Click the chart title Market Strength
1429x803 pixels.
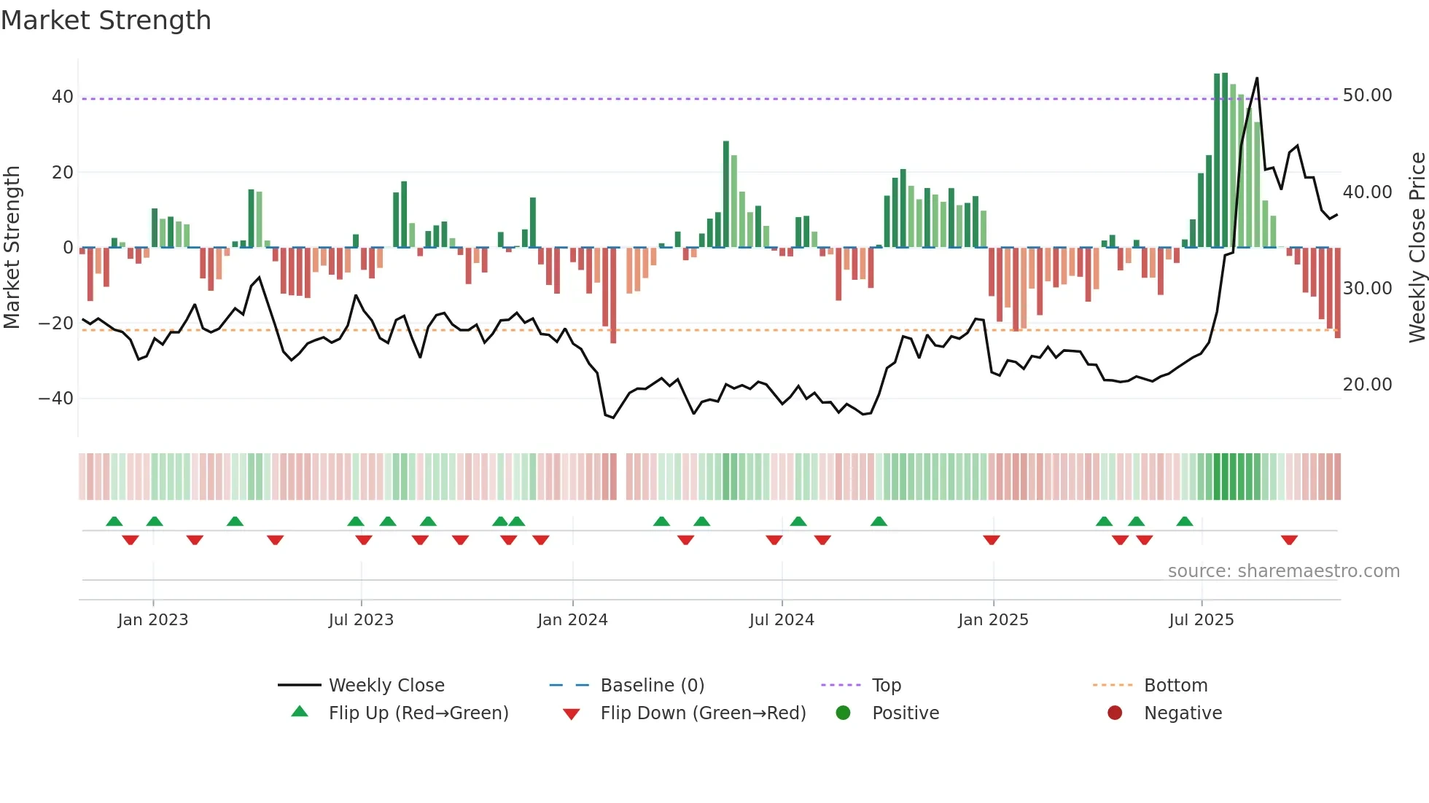pos(106,20)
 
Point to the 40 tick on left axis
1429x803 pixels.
pos(63,97)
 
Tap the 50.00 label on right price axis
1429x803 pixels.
pos(1367,95)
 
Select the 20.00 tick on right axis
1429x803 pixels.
pos(1367,385)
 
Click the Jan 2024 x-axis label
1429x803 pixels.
pos(572,620)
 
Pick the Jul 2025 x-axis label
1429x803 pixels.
pos(1201,620)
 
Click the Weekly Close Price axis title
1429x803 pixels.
pos(1417,248)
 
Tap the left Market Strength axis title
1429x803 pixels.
pos(12,248)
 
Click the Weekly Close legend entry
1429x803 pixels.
pos(386,686)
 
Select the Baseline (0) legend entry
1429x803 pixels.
pos(652,686)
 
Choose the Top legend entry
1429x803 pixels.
pos(886,686)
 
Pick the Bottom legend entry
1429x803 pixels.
pos(1175,686)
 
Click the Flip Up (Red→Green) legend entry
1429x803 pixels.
pos(418,713)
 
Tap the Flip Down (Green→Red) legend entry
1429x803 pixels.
pos(703,713)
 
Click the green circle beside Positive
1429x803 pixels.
pos(844,713)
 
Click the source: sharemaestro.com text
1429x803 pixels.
pos(1283,571)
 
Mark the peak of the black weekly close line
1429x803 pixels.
pos(1257,79)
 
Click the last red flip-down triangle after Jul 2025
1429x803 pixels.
pos(1289,540)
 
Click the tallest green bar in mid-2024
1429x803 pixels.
pos(726,194)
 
